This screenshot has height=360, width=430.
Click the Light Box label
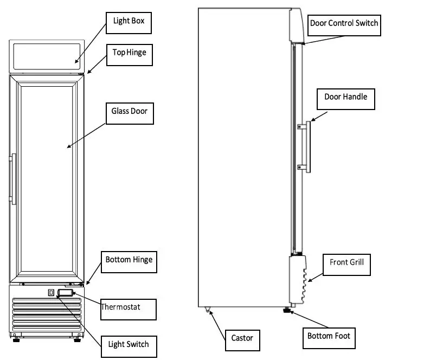[129, 22]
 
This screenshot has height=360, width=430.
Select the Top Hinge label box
[129, 53]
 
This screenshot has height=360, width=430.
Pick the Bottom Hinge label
[129, 260]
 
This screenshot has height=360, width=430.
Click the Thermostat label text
[121, 307]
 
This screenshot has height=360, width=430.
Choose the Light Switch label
[129, 344]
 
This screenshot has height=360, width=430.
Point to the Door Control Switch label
[343, 23]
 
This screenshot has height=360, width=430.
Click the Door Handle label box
[345, 97]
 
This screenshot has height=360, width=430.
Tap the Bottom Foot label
[329, 336]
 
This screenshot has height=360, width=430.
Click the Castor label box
[242, 338]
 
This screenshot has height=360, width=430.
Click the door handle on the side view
[307, 146]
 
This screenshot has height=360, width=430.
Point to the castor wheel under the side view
[207, 311]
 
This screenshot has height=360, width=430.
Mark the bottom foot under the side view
[285, 311]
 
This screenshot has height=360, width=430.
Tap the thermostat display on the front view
[65, 293]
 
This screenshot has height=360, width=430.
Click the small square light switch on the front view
[52, 293]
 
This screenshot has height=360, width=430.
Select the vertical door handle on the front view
[14, 179]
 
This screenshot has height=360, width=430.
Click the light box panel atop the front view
[48, 55]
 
